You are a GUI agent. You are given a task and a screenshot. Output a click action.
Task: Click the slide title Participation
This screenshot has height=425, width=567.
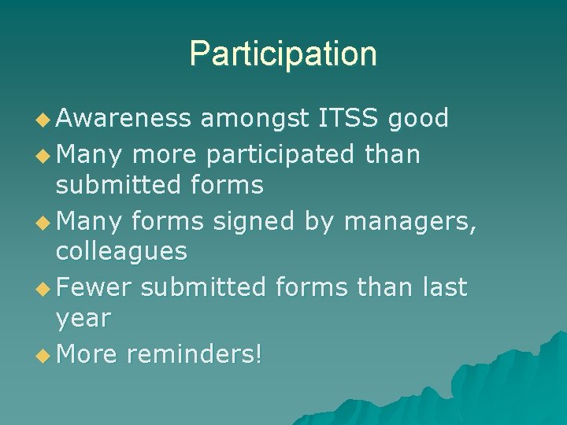[x=283, y=54]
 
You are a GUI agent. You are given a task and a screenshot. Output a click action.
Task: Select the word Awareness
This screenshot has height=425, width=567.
[x=124, y=118]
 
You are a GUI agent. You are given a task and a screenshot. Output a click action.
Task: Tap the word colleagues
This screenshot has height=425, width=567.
[x=121, y=252]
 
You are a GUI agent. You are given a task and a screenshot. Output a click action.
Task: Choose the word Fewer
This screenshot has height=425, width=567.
[x=94, y=287]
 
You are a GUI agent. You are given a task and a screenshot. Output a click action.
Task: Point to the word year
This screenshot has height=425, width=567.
[x=83, y=320]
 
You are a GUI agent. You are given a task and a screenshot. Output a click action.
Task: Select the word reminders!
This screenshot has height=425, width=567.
[x=194, y=354]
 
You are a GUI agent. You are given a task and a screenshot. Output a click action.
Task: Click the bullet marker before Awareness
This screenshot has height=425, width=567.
[x=45, y=119]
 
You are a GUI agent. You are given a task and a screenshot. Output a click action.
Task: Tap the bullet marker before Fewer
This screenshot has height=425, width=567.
[x=45, y=288]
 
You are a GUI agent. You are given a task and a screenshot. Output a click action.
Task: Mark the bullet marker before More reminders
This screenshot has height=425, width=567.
[x=45, y=355]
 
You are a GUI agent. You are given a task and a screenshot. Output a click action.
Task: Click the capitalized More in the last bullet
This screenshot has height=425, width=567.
[x=87, y=354]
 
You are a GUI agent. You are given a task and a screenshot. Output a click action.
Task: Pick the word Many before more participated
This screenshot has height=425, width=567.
[x=89, y=156]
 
